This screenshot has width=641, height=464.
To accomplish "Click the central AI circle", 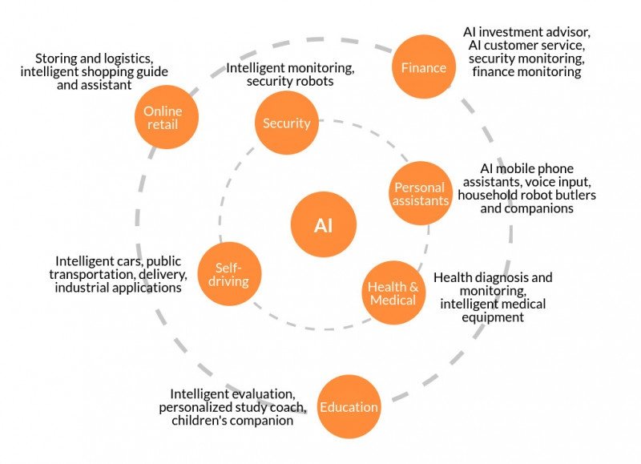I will tap(323, 225).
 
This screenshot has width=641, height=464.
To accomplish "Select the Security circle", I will tap(286, 123).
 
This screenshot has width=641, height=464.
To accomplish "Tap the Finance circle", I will tap(423, 67).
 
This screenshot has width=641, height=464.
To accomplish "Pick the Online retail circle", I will tap(165, 117).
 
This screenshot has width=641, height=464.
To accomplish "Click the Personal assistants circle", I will tap(421, 194).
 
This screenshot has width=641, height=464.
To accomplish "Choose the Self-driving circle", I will tap(228, 274).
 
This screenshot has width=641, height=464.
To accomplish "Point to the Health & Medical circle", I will tap(393, 293).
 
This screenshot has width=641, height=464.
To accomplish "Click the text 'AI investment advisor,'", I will tap(526, 32).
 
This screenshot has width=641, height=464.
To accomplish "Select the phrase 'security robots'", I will tap(290, 82).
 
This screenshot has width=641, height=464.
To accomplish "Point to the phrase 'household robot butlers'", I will tap(526, 195).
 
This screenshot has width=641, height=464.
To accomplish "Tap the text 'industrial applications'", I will tap(118, 288).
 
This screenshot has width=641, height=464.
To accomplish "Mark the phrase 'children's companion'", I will tap(232, 421).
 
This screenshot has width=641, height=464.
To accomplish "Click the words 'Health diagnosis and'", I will tap(493, 278).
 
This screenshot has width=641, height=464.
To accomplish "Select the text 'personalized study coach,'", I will tap(232, 407).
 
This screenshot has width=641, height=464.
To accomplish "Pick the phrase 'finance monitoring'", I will tap(526, 72).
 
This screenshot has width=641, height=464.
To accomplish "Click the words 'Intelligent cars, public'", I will tap(119, 261).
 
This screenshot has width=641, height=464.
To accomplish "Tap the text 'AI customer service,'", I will tap(526, 45).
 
